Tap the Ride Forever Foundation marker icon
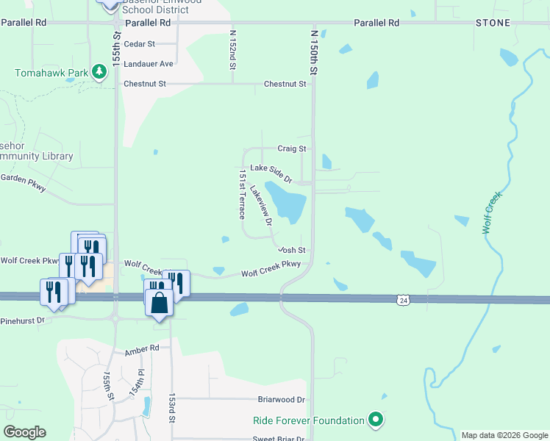376,420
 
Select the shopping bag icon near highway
159,301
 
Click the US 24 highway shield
402,300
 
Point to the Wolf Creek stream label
492,213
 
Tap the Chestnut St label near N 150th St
285,85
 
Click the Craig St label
291,148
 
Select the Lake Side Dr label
271,173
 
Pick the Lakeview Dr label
261,204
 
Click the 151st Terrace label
241,196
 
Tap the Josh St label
291,250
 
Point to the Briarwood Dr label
281,400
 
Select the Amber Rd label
142,348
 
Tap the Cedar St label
140,44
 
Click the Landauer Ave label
149,64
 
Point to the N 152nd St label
232,50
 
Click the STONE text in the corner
493,23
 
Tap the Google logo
24,432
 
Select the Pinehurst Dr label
23,320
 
